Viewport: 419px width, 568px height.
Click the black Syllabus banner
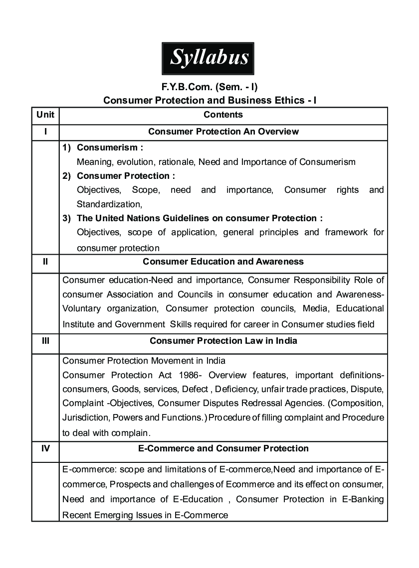pyautogui.click(x=209, y=58)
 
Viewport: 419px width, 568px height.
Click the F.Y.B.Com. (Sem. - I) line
pyautogui.click(x=209, y=88)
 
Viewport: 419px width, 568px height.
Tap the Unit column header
pyautogui.click(x=45, y=115)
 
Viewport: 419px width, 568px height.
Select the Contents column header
pyautogui.click(x=223, y=115)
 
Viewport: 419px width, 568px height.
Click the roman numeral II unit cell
pyautogui.click(x=45, y=261)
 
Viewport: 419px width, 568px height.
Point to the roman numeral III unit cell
pyautogui.click(x=45, y=341)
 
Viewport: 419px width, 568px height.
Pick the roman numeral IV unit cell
pyautogui.click(x=45, y=448)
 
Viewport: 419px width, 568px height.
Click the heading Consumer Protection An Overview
pyautogui.click(x=223, y=132)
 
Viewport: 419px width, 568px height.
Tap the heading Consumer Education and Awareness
pyautogui.click(x=223, y=261)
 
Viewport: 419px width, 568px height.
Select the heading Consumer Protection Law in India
pyautogui.click(x=223, y=341)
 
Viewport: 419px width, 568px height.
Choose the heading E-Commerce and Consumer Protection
pyautogui.click(x=223, y=448)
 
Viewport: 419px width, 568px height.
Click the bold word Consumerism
pyautogui.click(x=108, y=147)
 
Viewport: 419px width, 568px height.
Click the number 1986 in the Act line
pyautogui.click(x=192, y=375)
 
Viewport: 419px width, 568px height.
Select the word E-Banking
pyautogui.click(x=362, y=499)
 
